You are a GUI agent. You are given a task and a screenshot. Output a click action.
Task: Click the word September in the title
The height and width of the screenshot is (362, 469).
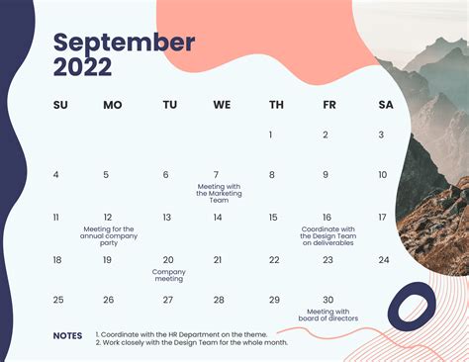[x=123, y=43]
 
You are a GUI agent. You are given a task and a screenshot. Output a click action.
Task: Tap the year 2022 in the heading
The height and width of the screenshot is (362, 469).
[x=82, y=68]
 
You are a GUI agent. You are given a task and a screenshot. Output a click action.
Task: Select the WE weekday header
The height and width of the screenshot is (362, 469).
[x=222, y=105]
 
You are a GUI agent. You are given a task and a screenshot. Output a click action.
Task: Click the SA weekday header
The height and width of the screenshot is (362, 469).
[x=385, y=105]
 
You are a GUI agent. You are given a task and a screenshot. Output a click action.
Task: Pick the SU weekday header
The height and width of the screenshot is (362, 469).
[x=60, y=105]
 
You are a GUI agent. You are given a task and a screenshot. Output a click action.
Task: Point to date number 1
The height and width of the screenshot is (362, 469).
[x=271, y=135]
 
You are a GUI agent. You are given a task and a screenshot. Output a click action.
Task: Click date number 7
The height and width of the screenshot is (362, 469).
[x=217, y=175]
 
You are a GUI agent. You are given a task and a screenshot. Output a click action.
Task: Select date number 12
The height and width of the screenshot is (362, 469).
[x=108, y=218]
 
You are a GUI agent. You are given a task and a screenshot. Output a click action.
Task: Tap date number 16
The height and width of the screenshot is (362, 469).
[x=327, y=218]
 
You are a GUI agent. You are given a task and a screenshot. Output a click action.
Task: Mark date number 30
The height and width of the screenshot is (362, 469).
[x=328, y=300]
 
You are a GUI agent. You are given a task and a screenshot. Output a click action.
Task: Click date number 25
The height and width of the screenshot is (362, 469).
[x=58, y=300]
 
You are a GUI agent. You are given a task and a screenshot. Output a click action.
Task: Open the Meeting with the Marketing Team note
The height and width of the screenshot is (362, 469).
[x=219, y=193]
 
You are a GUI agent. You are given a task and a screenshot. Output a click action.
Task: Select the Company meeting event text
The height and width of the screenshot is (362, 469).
[x=168, y=275]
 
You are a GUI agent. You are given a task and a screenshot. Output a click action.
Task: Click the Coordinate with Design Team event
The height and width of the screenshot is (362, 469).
[x=327, y=235]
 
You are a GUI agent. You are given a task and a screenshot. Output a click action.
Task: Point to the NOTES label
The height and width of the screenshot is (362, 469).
[x=68, y=335]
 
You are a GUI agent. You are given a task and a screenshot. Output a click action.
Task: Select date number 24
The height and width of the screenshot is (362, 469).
[x=384, y=260]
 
